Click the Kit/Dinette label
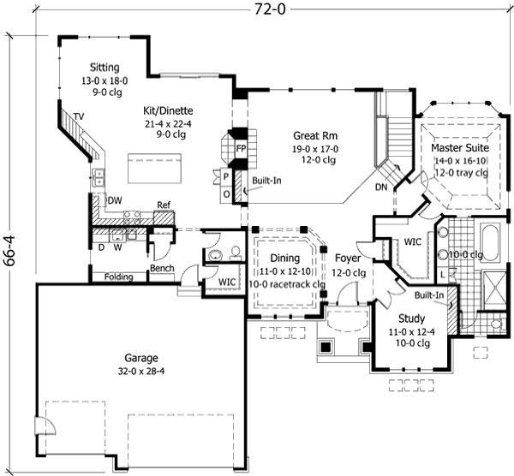point(168,111)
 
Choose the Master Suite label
point(459,148)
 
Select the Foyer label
point(348,257)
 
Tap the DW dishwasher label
point(115,200)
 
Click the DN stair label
point(382,187)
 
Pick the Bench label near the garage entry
point(162,268)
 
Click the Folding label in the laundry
point(118,277)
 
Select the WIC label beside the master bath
point(413,242)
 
